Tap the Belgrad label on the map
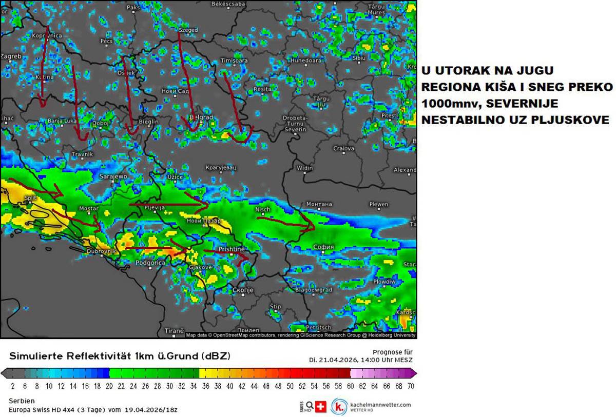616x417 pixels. coord(201,117)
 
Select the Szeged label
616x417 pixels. coord(188,30)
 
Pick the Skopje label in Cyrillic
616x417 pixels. coord(243,290)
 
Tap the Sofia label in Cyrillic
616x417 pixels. coord(323,247)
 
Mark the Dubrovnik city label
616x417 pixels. coord(102,251)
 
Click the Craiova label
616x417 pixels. coord(343,148)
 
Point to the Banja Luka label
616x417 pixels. coord(62,121)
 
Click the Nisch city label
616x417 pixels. coord(262,210)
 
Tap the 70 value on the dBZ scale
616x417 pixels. coord(411,386)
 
